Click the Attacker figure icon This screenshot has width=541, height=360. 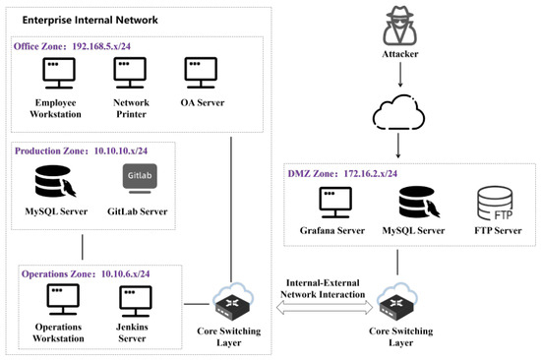point(400,26)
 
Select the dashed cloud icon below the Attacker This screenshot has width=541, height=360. point(398,113)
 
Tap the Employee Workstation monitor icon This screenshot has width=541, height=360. point(59,73)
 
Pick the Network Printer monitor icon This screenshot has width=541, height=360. point(130,73)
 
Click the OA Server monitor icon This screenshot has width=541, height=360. point(201,73)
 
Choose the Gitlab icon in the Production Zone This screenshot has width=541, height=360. point(140,178)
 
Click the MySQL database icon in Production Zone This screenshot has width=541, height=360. point(55,182)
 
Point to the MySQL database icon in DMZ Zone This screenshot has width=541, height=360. point(419,203)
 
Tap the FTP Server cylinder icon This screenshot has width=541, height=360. point(495,204)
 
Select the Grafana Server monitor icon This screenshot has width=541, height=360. point(335,203)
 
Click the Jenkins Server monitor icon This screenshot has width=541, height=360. point(136,301)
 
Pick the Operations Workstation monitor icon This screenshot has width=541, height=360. point(63,300)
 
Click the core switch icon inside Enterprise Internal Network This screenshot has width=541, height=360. point(233,303)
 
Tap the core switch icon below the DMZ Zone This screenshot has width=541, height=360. point(397,303)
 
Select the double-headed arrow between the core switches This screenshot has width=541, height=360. point(325,307)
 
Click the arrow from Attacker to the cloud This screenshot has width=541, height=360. point(400,75)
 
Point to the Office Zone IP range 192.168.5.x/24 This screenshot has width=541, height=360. point(101,46)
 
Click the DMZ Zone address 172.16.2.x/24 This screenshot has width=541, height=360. point(371,173)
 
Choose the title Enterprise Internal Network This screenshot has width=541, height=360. point(90,20)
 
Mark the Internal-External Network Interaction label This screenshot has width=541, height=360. point(323,288)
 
